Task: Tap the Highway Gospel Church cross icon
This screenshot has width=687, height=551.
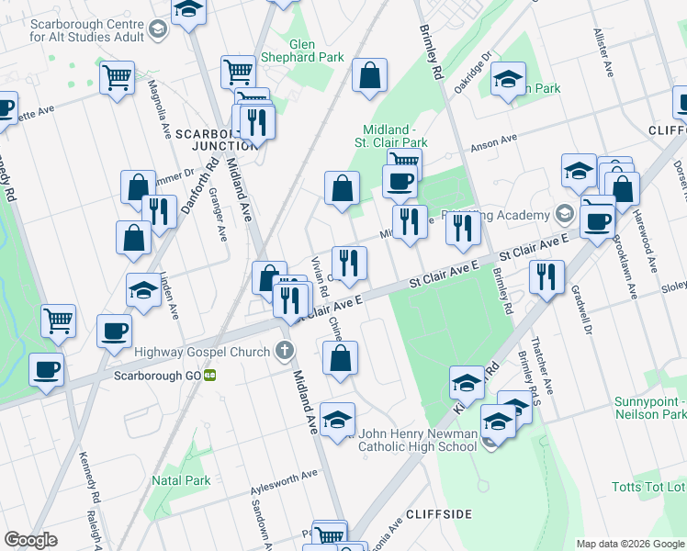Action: [x=285, y=351]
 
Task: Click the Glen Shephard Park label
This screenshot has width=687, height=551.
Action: [x=316, y=51]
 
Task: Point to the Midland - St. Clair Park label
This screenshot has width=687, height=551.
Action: [x=395, y=136]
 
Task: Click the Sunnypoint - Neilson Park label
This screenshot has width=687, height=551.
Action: [x=649, y=408]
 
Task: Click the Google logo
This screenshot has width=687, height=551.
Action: [x=31, y=540]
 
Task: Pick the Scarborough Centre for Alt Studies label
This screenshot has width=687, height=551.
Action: [x=87, y=30]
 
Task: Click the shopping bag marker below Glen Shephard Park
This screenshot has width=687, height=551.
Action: [x=369, y=77]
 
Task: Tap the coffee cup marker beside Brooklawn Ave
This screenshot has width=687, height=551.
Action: [x=597, y=221]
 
